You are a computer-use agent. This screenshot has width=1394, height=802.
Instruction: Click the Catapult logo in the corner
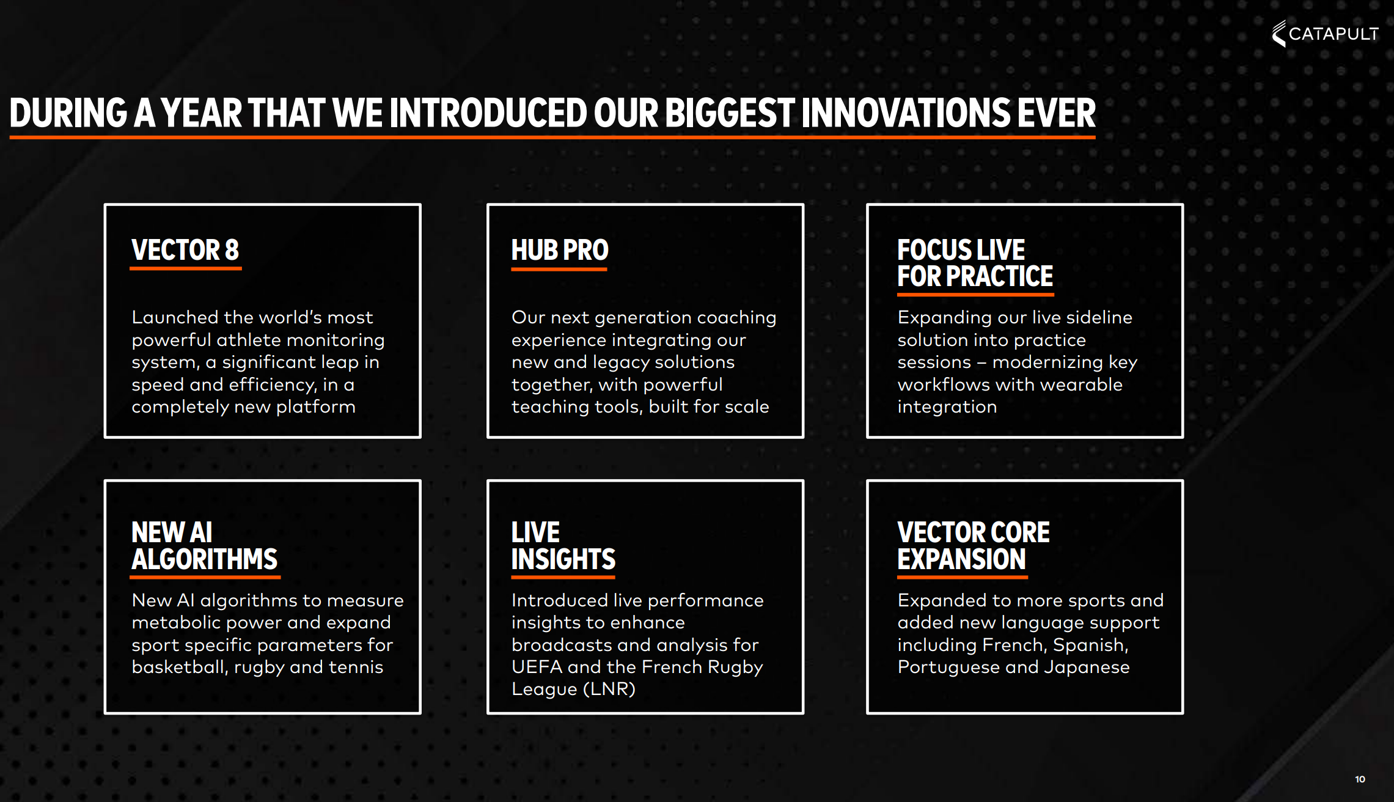(1325, 34)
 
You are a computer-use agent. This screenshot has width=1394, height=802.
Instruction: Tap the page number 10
(1360, 779)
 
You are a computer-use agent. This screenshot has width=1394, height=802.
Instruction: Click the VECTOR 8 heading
(185, 250)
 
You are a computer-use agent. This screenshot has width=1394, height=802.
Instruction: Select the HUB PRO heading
(560, 250)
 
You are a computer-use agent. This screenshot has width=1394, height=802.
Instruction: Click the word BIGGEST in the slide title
(729, 114)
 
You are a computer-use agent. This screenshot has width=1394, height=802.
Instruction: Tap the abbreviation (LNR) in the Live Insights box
(609, 690)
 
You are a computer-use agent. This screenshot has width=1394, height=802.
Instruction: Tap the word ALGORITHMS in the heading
(205, 559)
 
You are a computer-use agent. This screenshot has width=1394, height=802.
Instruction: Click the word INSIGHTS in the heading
(563, 559)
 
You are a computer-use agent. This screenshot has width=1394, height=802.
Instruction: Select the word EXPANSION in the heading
(962, 559)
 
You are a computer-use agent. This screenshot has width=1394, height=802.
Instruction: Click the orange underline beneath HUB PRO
(559, 268)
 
